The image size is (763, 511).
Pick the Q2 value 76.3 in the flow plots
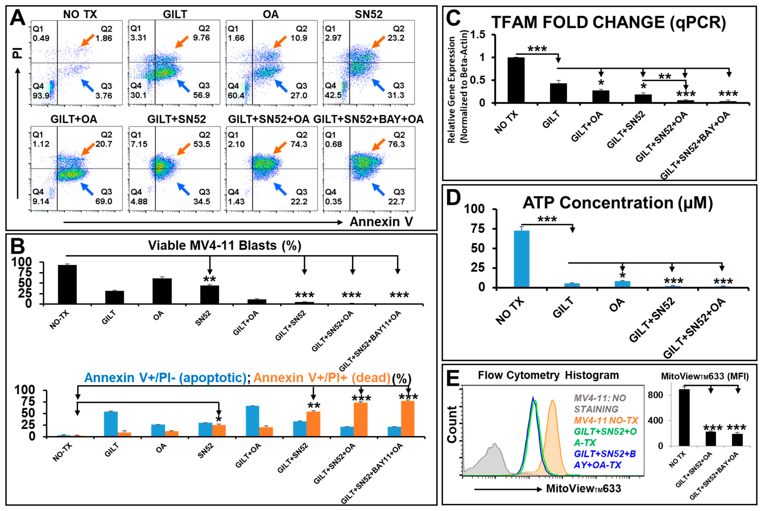point(396,144)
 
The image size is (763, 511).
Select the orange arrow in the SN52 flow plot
point(379,42)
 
